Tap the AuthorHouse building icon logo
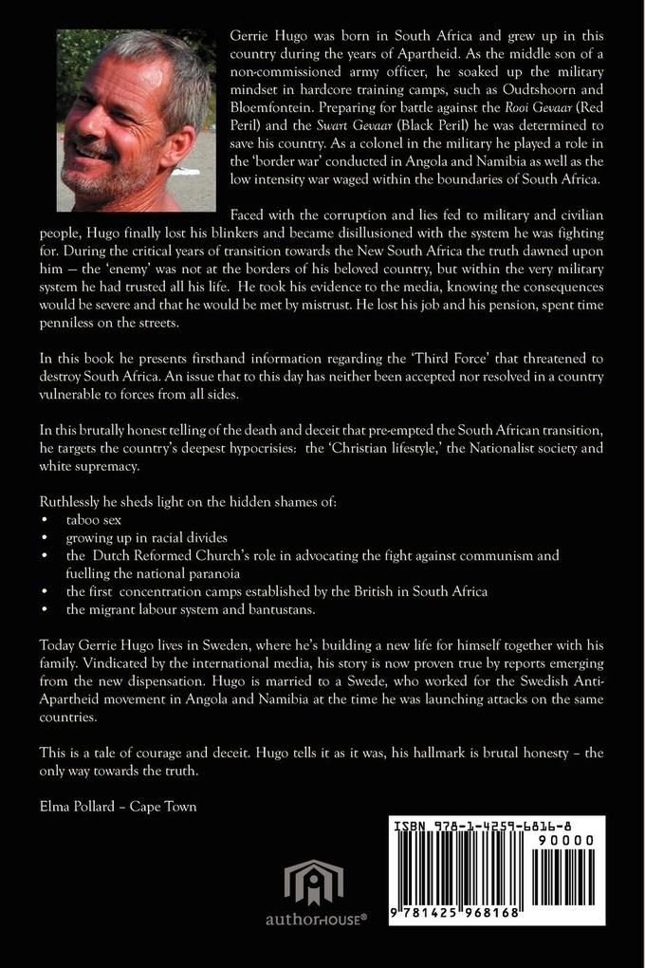[312, 883]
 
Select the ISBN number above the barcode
[495, 826]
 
